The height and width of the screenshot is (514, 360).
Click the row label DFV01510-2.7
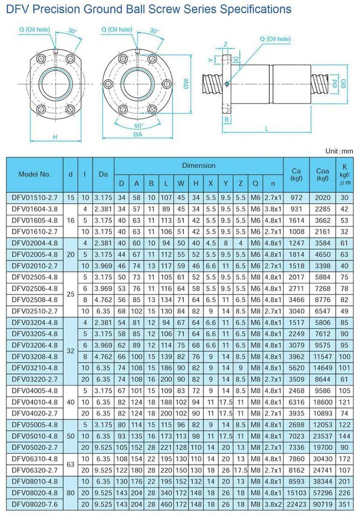pos(34,198)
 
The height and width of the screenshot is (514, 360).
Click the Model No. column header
pos(35,174)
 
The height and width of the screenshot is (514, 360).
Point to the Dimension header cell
pos(199,165)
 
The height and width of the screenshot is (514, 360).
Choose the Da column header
pos(103,174)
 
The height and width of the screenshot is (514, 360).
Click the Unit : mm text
pos(339,151)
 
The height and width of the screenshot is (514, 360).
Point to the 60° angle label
pos(139,125)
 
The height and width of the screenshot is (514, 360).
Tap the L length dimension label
pos(266,128)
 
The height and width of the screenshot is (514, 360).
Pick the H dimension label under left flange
pos(55,136)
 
